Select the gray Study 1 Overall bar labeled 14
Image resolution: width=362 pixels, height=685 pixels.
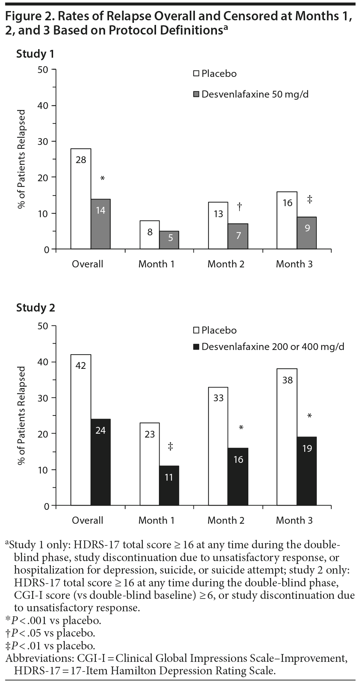coord(100,224)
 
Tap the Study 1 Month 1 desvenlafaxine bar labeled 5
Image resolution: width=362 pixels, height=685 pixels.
coord(169,240)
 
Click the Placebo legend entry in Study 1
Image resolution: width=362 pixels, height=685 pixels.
coord(215,74)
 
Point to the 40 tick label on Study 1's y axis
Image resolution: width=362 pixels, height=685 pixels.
coord(42,105)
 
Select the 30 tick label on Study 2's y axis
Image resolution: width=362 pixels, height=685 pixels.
coord(42,398)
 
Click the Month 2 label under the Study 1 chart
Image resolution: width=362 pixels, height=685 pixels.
coord(226,264)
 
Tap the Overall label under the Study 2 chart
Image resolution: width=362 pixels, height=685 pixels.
coord(87,520)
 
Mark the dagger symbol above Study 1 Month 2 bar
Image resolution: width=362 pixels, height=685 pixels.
coord(239,206)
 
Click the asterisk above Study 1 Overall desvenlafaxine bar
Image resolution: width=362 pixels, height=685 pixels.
coord(102,178)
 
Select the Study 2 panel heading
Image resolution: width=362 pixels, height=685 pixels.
coord(36,308)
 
